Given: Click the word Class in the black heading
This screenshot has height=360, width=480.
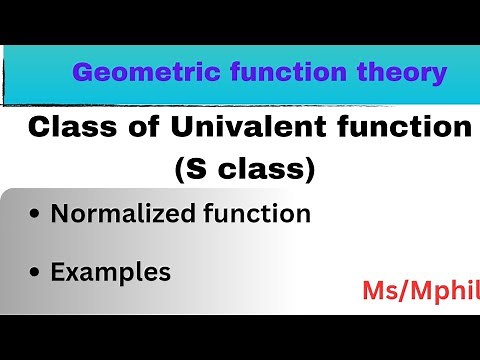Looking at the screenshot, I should pyautogui.click(x=63, y=128).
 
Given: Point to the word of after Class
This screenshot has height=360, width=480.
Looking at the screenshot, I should pyautogui.click(x=133, y=128).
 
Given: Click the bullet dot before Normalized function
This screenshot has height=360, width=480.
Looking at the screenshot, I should pyautogui.click(x=36, y=215).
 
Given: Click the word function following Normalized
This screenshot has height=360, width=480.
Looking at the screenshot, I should pyautogui.click(x=254, y=214).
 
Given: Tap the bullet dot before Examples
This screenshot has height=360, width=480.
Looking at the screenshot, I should pyautogui.click(x=36, y=273).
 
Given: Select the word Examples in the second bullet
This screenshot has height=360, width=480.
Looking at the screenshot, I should pyautogui.click(x=111, y=272).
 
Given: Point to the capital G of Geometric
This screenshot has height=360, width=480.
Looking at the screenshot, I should pyautogui.click(x=82, y=73).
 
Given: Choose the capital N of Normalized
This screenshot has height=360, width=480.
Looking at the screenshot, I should pyautogui.click(x=59, y=214).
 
